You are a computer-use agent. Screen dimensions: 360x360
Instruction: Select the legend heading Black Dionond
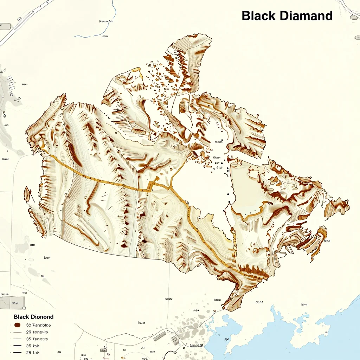coord(34,317)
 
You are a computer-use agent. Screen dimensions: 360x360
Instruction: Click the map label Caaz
coord(259,302)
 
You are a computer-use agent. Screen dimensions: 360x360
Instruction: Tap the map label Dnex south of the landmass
coord(168,299)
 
